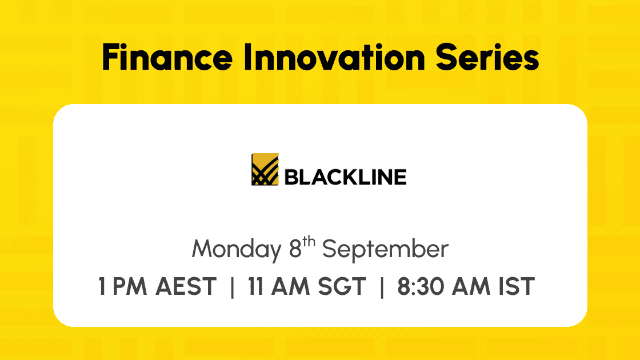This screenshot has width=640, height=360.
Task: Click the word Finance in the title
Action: pos(167,57)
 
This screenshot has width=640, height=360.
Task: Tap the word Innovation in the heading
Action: pos(334,57)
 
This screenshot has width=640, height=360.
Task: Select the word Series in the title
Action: pos(487,57)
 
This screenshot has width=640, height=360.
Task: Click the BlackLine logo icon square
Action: pos(265,169)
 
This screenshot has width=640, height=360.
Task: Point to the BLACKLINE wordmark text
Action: pos(345,177)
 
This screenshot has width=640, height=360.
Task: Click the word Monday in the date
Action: pos(237,249)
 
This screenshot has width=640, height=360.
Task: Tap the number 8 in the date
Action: pos(295,249)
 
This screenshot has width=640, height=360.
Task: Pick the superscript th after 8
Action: pos(309,242)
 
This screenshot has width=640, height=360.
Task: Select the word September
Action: pos(385,249)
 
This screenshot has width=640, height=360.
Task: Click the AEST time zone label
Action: pos(186,286)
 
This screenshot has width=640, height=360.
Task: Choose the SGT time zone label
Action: pos(342,286)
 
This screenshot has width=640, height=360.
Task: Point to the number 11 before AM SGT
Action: pos(255,286)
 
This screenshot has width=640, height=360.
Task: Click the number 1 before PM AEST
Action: pos(102,286)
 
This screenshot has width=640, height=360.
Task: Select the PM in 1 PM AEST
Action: pos(129,286)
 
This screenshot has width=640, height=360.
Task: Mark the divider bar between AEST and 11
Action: pos(232,287)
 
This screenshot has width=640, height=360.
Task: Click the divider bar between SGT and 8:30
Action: pos(382,287)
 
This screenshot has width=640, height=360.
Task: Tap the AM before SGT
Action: pos(290,286)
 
